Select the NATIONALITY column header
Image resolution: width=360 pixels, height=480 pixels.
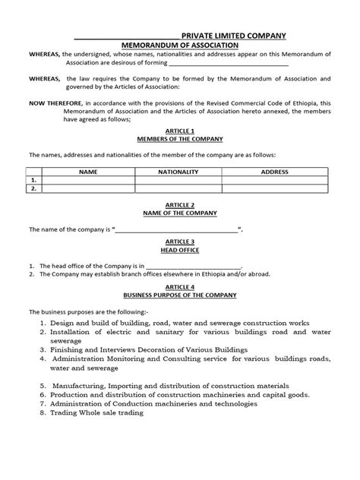pos(178,172)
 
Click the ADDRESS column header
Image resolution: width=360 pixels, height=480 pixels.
pos(274,172)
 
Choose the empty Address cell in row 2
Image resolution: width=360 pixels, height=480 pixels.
pos(274,189)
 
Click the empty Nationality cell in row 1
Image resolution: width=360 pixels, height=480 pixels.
pos(178,181)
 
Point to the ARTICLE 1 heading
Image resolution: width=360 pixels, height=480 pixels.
pos(181,131)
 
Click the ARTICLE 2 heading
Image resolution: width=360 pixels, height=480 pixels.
pos(181,205)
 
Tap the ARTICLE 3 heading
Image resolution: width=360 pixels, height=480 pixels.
pos(181,241)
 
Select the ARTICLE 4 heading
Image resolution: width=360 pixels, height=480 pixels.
pos(181,287)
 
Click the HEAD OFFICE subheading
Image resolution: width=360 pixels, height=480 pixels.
pos(181,248)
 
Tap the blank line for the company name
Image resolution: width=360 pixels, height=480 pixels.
pos(177,229)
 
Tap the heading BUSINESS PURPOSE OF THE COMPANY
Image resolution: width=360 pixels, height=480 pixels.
pos(181,295)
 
